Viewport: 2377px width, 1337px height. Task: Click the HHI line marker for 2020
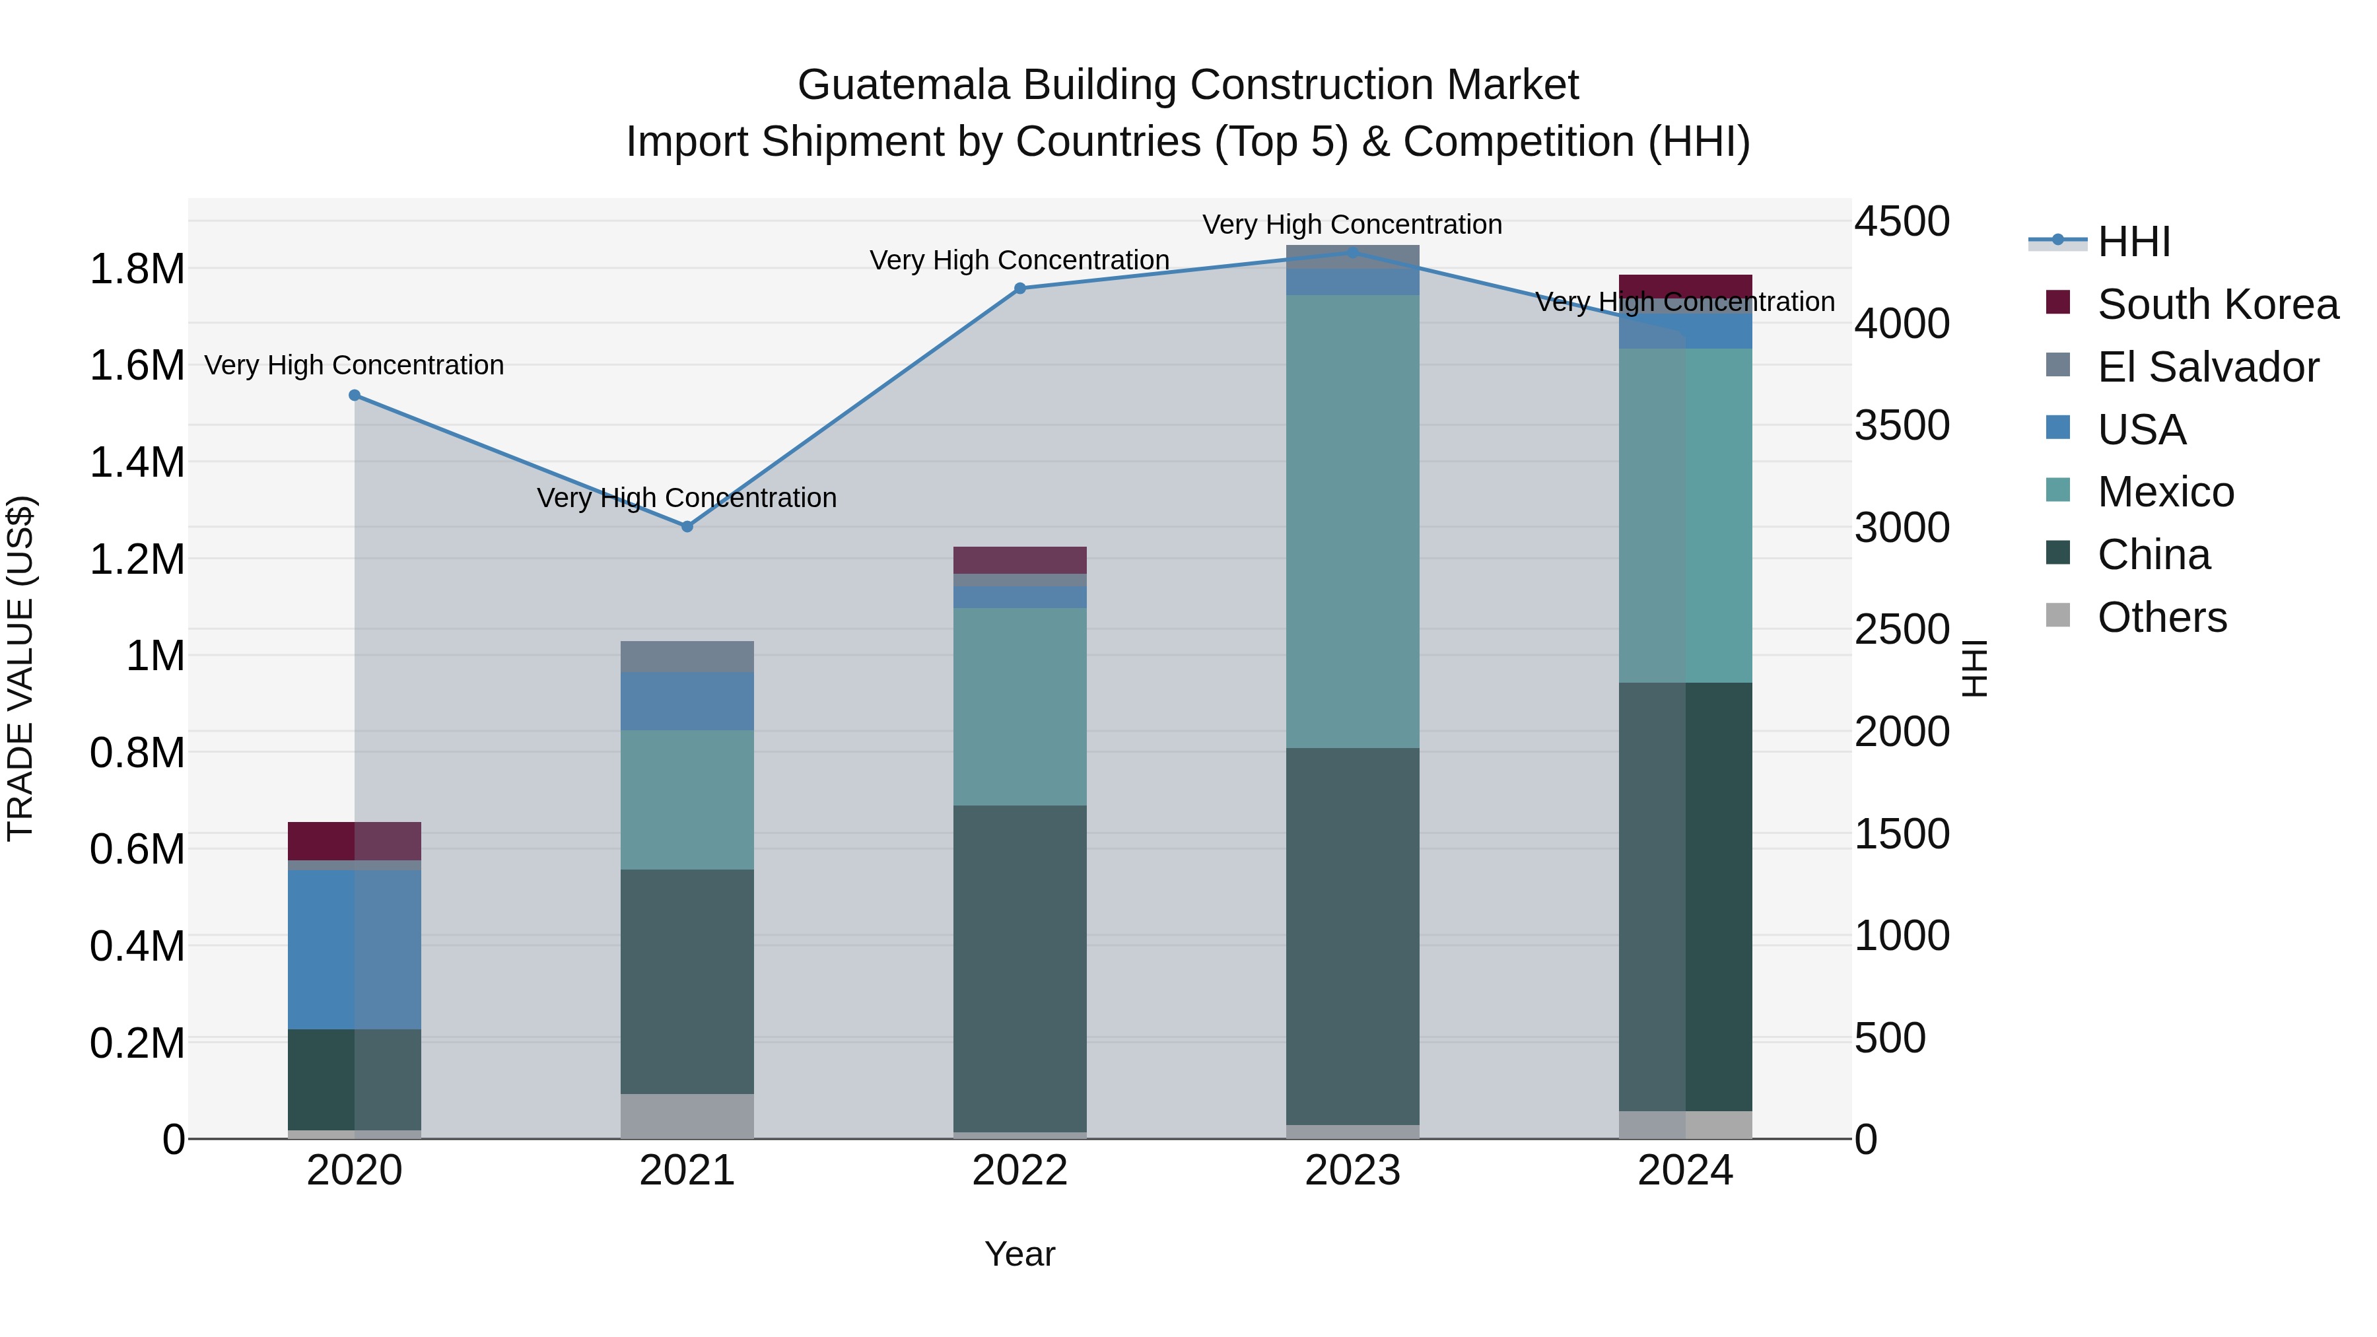click(x=355, y=395)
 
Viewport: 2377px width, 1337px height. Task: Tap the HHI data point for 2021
click(x=687, y=527)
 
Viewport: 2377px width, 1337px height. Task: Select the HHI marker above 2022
click(x=1019, y=289)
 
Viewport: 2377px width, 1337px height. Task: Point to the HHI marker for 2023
click(x=1353, y=252)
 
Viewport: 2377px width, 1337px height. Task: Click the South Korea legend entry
click(x=2217, y=304)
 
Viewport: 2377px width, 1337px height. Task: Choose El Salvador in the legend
click(x=2207, y=367)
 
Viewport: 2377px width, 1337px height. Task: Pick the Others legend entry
click(x=2161, y=617)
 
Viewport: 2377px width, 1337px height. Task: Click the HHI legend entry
click(x=2133, y=242)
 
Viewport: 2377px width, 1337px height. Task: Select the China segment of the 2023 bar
click(x=1353, y=936)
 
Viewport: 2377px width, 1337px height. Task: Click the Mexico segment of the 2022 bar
click(x=1019, y=706)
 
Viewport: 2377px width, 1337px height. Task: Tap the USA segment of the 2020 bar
click(x=355, y=950)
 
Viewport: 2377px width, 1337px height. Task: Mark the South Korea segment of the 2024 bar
click(x=1685, y=286)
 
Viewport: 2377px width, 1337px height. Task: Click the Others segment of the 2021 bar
click(x=687, y=1116)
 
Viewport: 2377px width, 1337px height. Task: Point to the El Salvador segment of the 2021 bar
click(x=687, y=657)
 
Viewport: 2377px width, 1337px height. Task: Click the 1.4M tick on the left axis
click(x=137, y=462)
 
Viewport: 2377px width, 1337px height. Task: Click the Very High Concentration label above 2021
click(x=687, y=498)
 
